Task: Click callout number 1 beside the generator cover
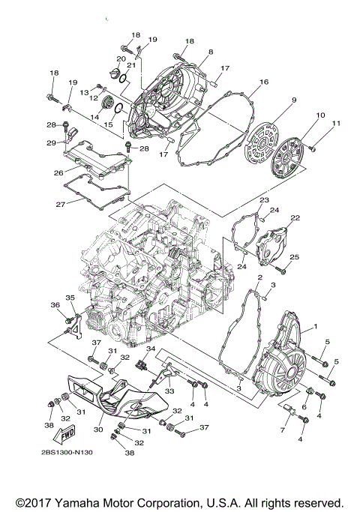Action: (x=316, y=326)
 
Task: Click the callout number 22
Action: (x=295, y=217)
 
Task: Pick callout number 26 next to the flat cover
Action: (x=58, y=172)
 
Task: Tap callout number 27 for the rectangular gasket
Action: (x=58, y=202)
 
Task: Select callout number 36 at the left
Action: (x=55, y=304)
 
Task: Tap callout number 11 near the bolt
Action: (x=336, y=122)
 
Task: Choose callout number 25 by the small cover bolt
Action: (x=295, y=257)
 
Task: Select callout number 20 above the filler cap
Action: (x=120, y=58)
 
